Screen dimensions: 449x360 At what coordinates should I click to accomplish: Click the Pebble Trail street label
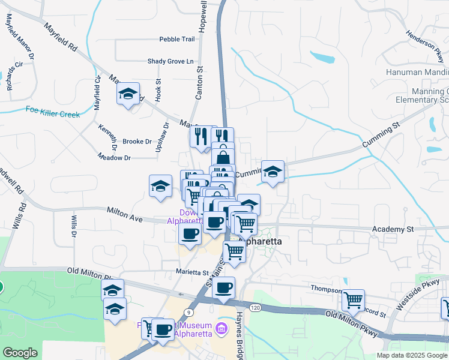pyautogui.click(x=177, y=39)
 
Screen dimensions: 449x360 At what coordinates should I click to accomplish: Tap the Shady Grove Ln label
pyautogui.click(x=171, y=61)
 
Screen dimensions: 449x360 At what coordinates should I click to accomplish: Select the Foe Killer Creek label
pyautogui.click(x=53, y=112)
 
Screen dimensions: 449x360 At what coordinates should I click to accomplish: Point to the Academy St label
pyautogui.click(x=393, y=229)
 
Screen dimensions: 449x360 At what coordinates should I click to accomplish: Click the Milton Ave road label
pyautogui.click(x=125, y=214)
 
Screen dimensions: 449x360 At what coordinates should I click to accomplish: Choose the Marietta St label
pyautogui.click(x=192, y=271)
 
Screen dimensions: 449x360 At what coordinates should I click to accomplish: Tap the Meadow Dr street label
pyautogui.click(x=114, y=157)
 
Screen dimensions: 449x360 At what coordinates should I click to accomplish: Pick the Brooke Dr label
pyautogui.click(x=137, y=142)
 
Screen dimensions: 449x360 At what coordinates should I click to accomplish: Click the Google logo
pyautogui.click(x=19, y=353)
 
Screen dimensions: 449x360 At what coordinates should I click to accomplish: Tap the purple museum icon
pyautogui.click(x=221, y=329)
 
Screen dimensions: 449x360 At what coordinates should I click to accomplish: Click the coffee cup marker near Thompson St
pyautogui.click(x=224, y=287)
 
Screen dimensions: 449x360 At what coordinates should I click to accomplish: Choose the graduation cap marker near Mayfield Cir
pyautogui.click(x=128, y=94)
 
